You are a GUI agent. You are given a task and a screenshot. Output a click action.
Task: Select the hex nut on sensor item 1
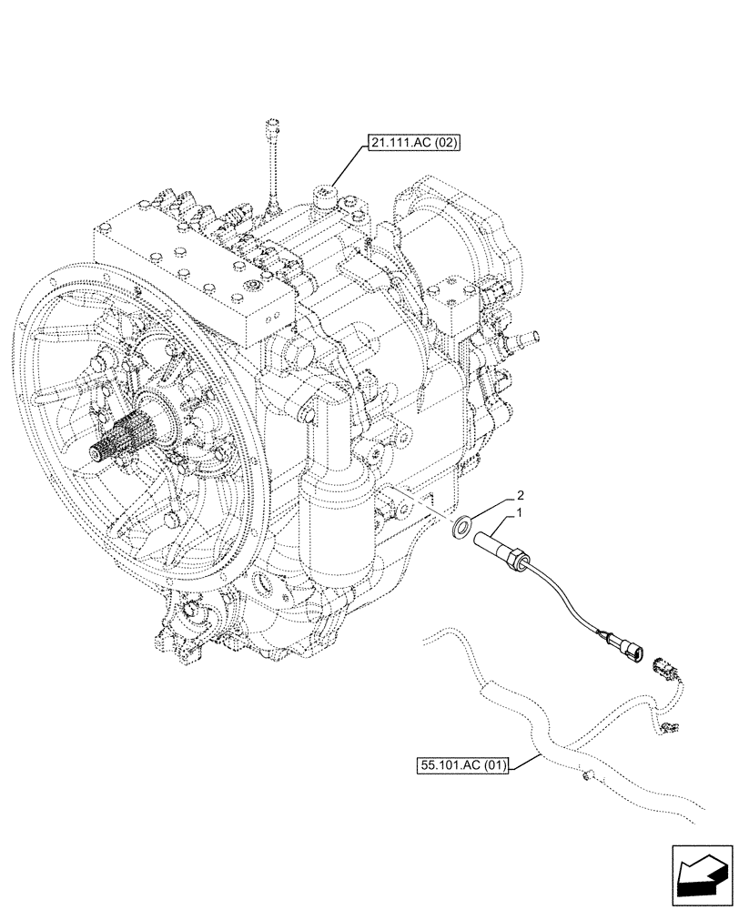coord(521,554)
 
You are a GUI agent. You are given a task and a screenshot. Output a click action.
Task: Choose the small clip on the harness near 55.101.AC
coord(585,775)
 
